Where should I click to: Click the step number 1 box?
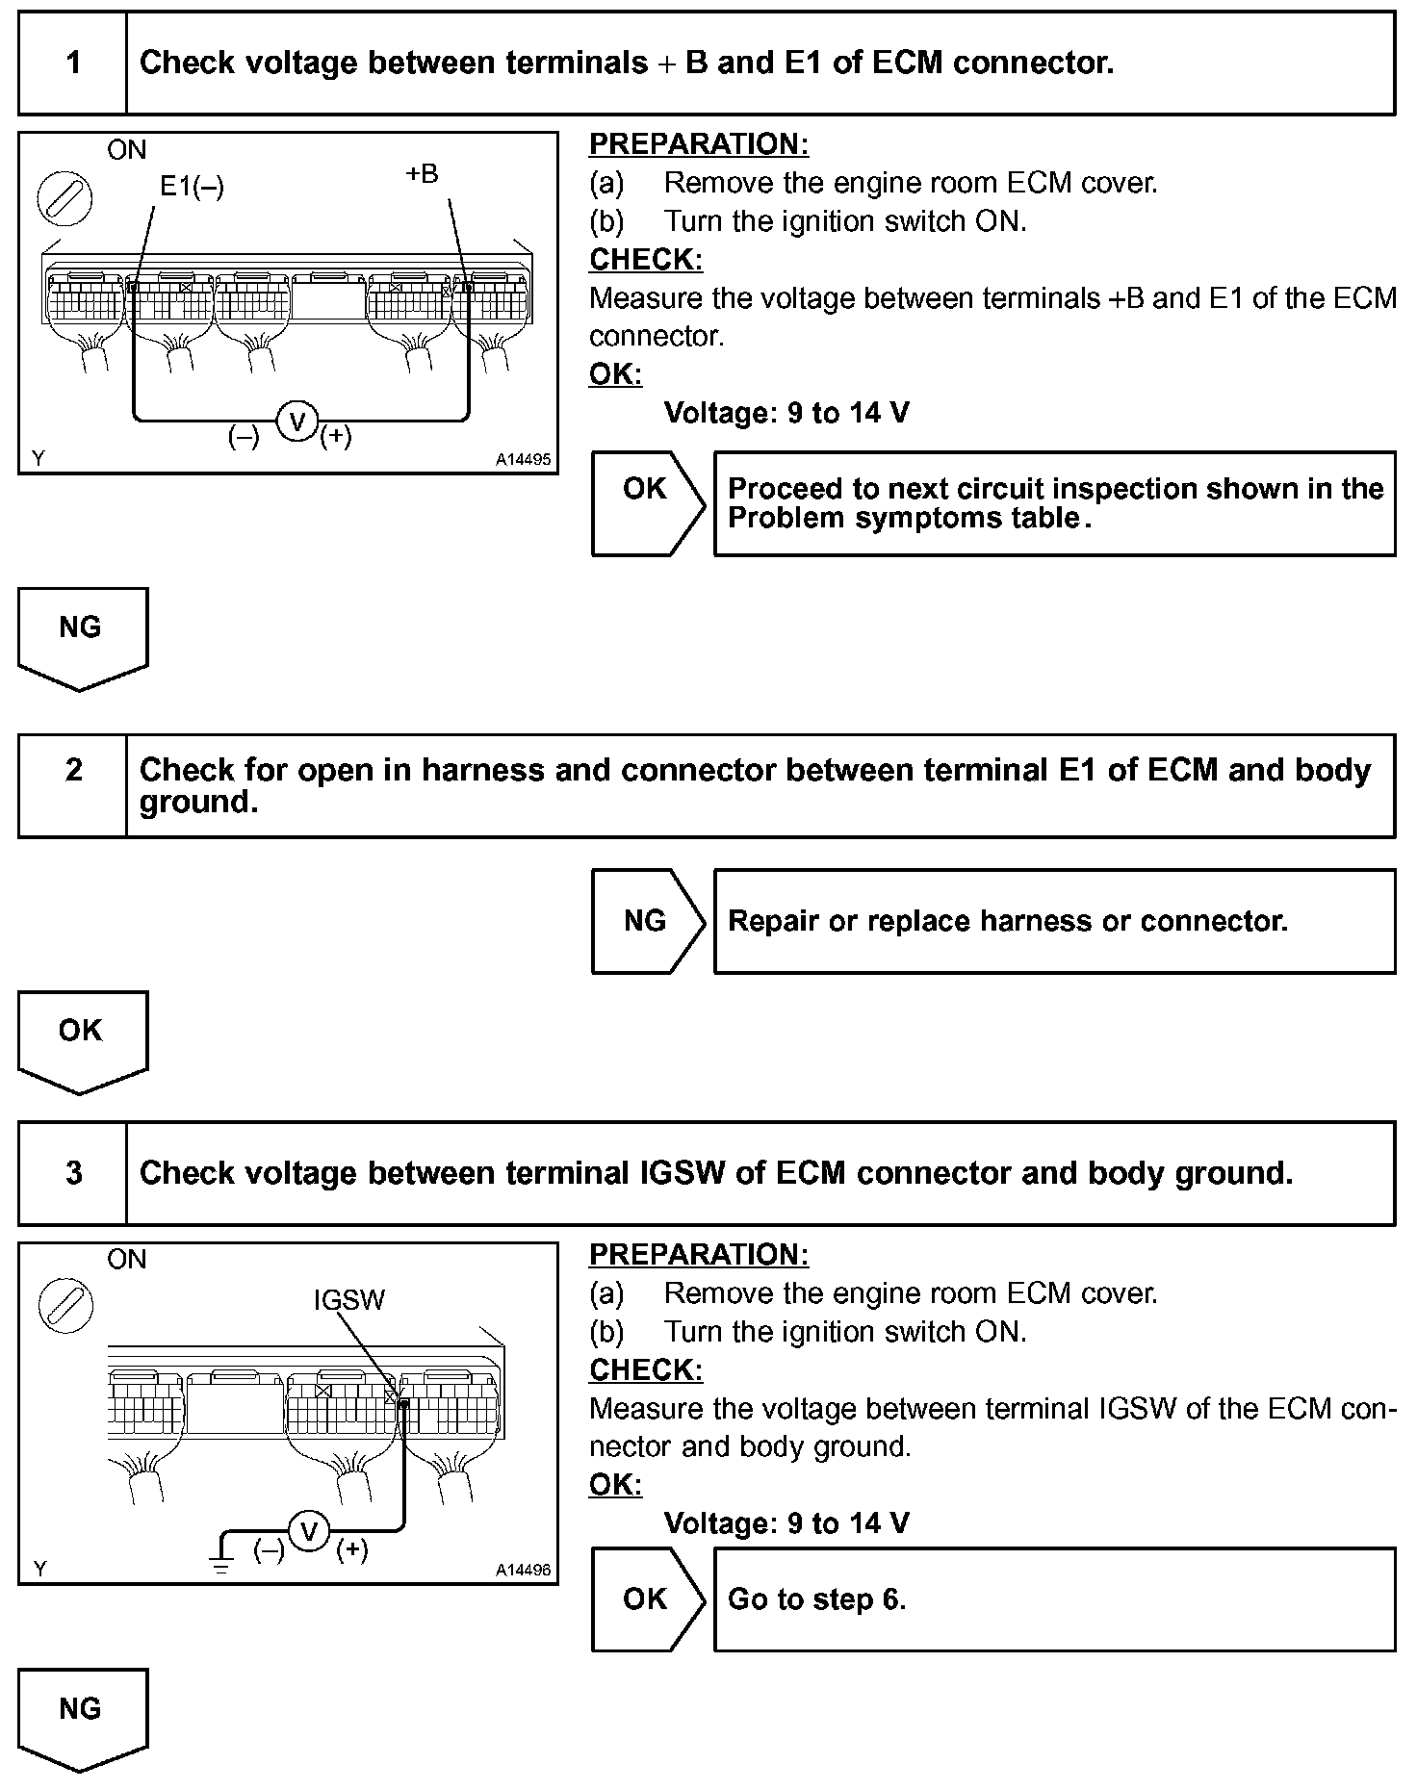(x=73, y=64)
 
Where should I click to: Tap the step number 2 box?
(x=73, y=785)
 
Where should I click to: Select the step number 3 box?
(x=73, y=1173)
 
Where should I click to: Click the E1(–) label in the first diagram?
(x=192, y=187)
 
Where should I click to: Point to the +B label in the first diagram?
(x=422, y=174)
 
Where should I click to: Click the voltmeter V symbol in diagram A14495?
(x=297, y=421)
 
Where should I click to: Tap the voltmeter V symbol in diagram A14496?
(x=309, y=1531)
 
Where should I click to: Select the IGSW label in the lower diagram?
(x=348, y=1300)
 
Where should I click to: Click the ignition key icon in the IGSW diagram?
(x=65, y=1306)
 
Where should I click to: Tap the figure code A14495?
(x=523, y=460)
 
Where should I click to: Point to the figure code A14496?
(x=523, y=1570)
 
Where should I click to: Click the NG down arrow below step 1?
(x=82, y=636)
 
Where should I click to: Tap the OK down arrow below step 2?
(x=82, y=1039)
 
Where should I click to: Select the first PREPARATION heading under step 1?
(x=698, y=144)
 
